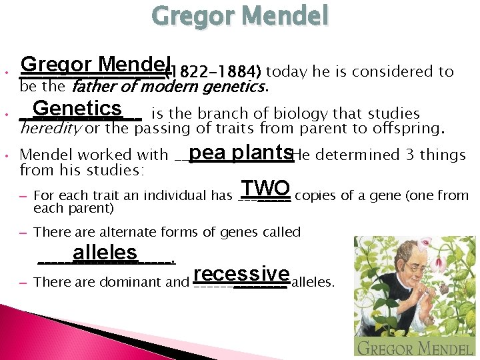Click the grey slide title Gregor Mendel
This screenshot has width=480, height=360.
tap(240, 16)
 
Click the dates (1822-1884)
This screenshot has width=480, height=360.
tap(216, 72)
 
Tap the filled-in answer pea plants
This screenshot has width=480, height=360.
tap(240, 153)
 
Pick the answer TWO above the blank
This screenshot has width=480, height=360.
tap(265, 188)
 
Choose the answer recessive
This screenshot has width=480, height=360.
tap(241, 274)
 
